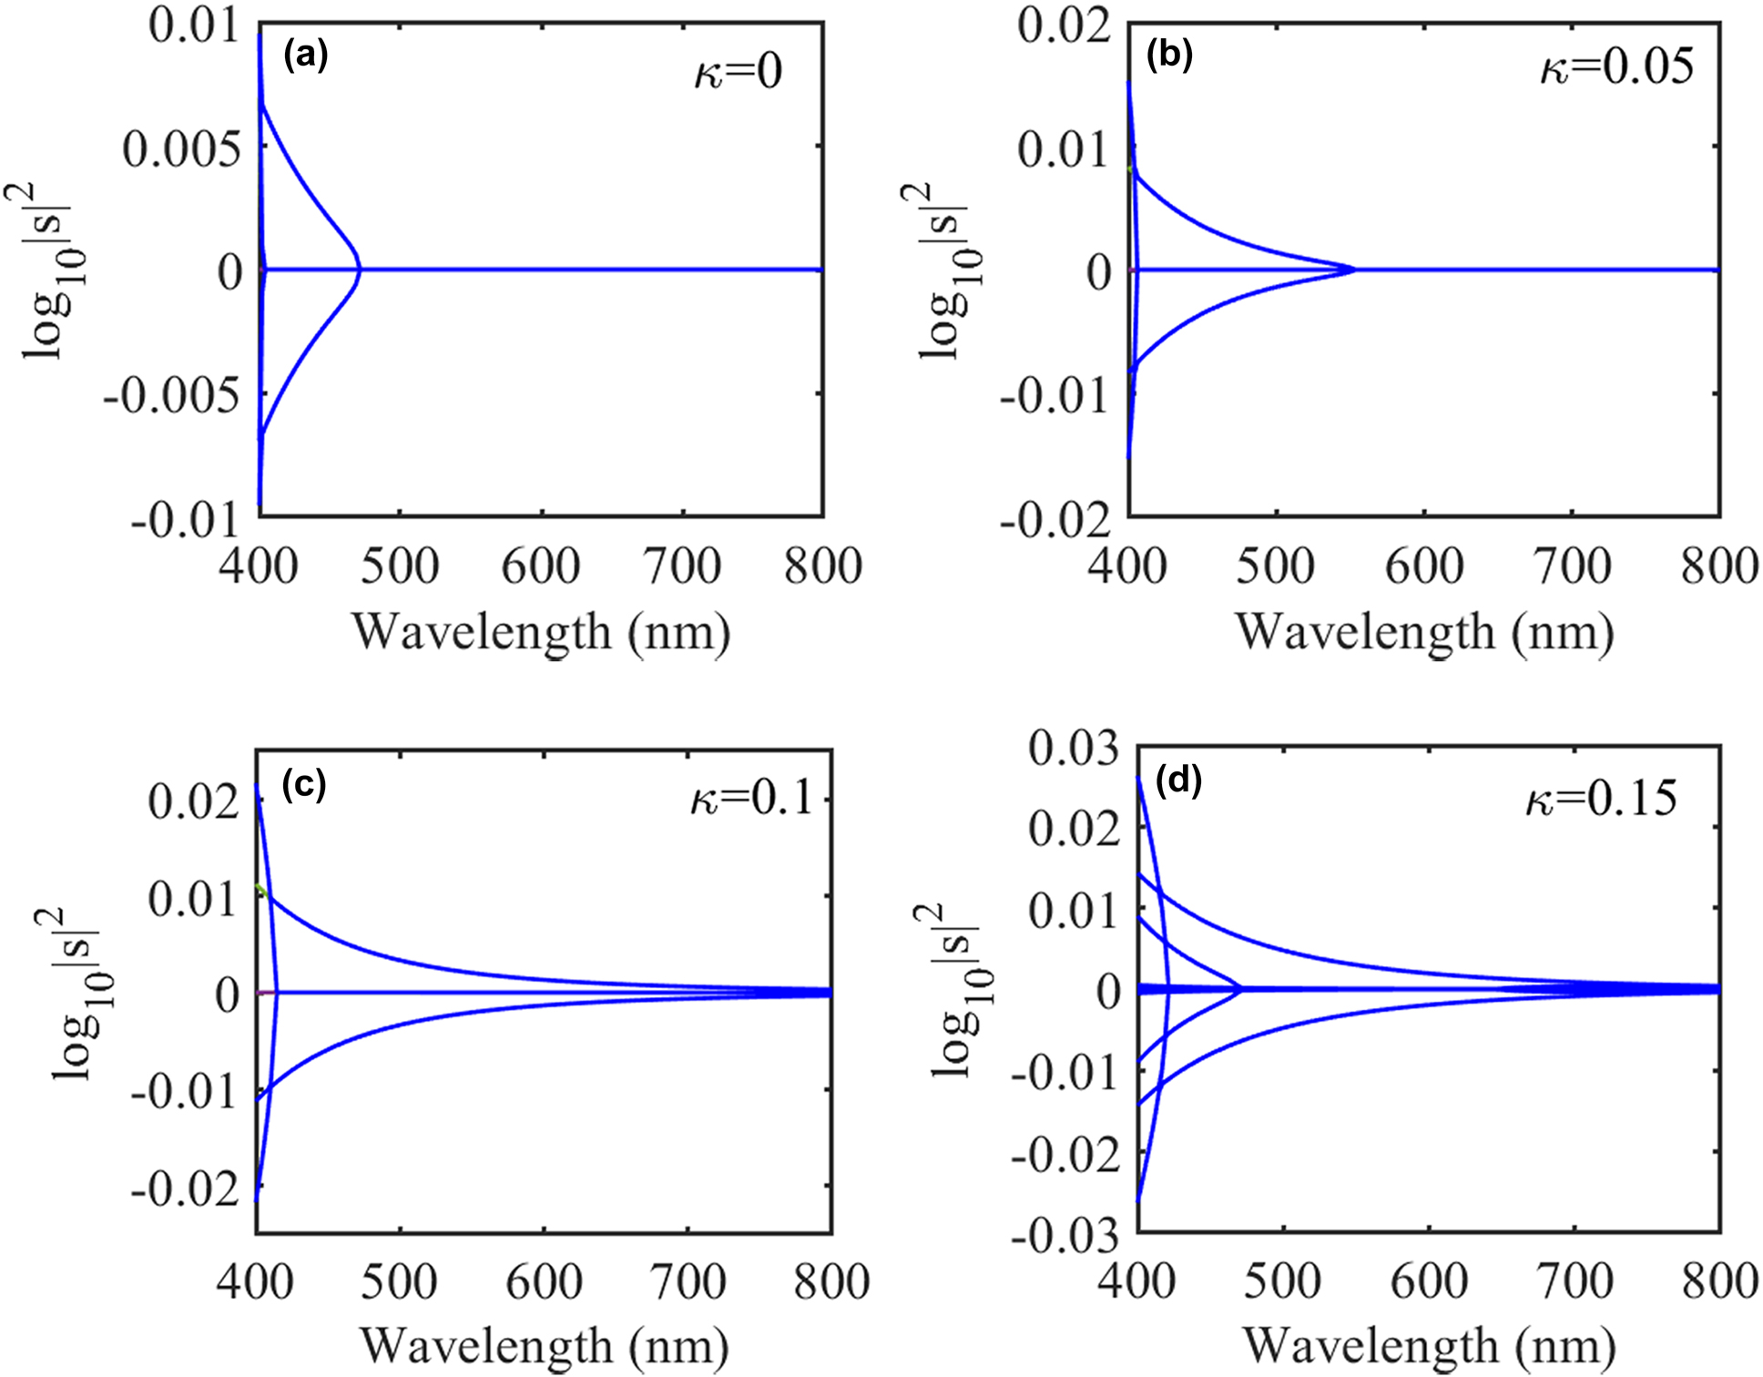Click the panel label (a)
[305, 56]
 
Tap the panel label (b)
[1169, 56]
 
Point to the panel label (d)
[1178, 780]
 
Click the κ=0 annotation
[738, 72]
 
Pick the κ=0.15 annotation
[1601, 799]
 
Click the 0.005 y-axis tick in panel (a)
[182, 148]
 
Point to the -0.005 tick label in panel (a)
[172, 395]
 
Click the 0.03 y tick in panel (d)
[1074, 749]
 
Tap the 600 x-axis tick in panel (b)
[1423, 566]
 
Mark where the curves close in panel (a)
[361, 270]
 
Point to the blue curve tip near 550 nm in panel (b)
[1354, 270]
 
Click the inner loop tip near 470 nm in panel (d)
[1241, 989]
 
